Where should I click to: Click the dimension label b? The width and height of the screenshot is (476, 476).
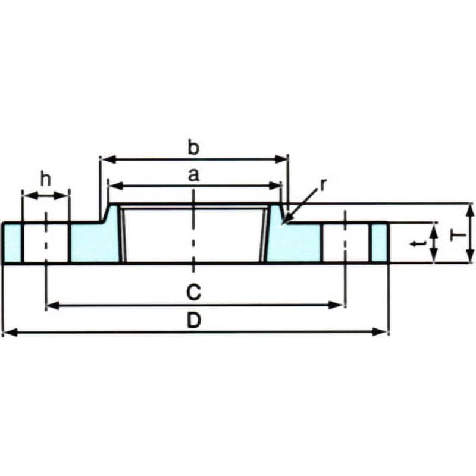pos(193,148)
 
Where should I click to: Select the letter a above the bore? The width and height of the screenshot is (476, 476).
pos(193,175)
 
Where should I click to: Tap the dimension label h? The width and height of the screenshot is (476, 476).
pos(46,179)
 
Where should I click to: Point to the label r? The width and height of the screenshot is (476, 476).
pos(323,185)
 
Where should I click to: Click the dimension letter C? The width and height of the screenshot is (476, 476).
pos(193,292)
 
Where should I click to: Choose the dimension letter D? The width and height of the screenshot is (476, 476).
pos(194,321)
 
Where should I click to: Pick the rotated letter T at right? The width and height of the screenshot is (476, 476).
pos(457,235)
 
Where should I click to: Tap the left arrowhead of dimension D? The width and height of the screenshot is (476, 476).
pos(9,332)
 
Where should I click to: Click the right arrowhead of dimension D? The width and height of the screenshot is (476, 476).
pos(381,332)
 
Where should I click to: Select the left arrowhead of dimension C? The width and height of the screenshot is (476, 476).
pos(52,305)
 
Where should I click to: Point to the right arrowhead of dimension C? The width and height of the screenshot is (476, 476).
pos(336,305)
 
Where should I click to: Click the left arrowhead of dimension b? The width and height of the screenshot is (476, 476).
pos(108,159)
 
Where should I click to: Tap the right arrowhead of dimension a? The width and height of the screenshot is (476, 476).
pos(275,186)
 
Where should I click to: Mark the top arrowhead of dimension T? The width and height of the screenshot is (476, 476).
pos(469,211)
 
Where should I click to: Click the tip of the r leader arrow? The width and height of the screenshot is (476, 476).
pos(283,223)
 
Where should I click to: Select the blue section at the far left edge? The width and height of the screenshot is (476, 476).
pos(12,243)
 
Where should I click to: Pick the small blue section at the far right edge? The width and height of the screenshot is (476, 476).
pos(380,243)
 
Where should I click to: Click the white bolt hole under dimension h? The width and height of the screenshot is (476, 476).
pos(46,243)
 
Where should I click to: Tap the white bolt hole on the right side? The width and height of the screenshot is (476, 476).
pos(346,243)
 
